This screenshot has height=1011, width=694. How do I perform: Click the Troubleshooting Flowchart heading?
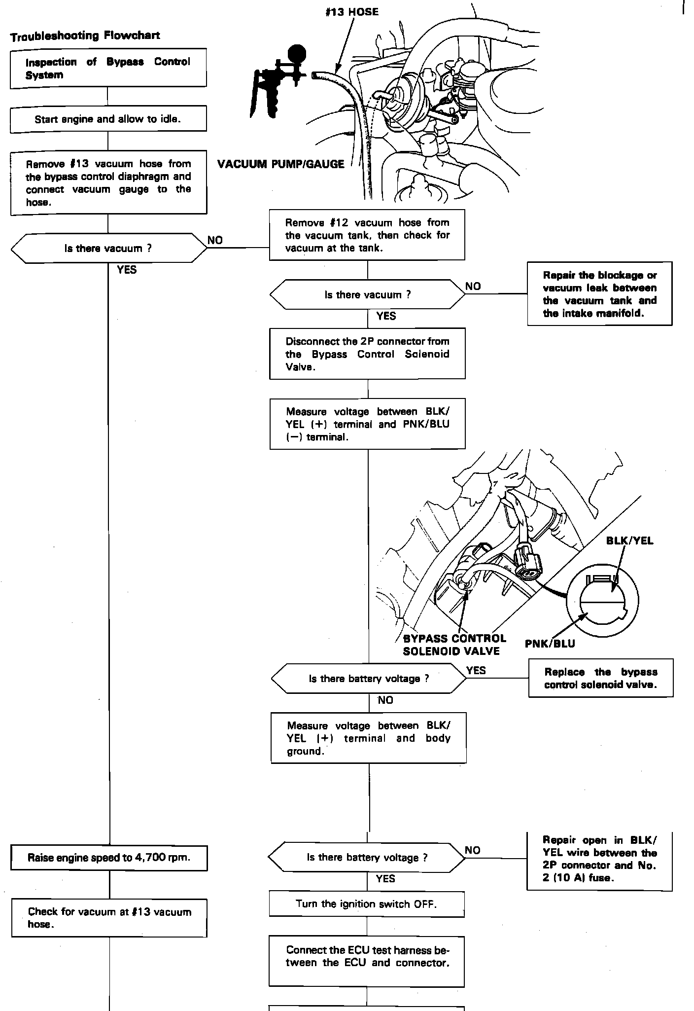(x=85, y=36)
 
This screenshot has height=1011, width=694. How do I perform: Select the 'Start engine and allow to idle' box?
(x=108, y=119)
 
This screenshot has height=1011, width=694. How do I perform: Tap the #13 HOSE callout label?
(x=352, y=12)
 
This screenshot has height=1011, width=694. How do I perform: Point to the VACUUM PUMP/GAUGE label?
(x=280, y=165)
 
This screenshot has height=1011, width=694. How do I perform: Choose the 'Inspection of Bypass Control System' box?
(x=108, y=68)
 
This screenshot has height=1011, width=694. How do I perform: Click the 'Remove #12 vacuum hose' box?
(x=367, y=235)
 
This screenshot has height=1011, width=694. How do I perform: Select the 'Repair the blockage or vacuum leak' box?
(x=599, y=294)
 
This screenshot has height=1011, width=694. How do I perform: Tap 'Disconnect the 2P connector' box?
(x=367, y=354)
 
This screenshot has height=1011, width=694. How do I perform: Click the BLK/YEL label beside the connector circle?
(x=629, y=541)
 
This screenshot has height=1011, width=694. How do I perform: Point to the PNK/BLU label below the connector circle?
(x=550, y=644)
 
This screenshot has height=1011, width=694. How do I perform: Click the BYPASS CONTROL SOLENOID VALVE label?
(x=454, y=645)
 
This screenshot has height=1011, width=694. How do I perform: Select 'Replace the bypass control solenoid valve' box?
(x=600, y=678)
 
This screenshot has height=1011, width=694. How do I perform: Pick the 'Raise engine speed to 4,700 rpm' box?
(x=109, y=858)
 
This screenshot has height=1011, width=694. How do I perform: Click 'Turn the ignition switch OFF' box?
(x=366, y=904)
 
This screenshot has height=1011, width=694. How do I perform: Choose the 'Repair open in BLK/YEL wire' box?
(x=599, y=859)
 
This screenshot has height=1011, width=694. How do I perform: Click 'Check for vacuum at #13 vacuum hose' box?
(x=109, y=918)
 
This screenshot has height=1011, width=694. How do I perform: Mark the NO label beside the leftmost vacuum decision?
(x=215, y=240)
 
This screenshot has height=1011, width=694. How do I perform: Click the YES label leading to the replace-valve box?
(x=476, y=670)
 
